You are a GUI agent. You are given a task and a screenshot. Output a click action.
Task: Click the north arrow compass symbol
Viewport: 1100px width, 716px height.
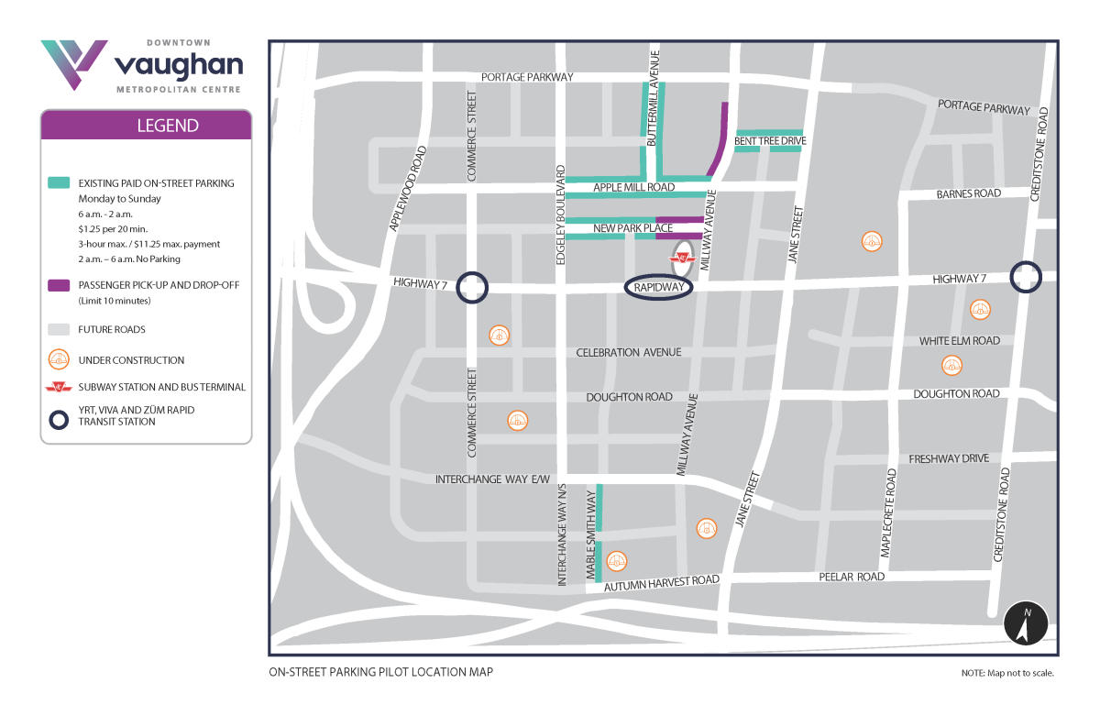[1027, 625]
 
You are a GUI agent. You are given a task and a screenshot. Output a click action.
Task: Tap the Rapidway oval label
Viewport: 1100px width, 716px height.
[658, 287]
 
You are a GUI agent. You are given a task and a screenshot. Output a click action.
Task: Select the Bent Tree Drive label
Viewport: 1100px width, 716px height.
[770, 141]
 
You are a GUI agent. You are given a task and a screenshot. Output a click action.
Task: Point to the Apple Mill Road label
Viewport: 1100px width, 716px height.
[633, 188]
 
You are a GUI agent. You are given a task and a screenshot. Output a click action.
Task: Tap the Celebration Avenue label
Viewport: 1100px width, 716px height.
[628, 353]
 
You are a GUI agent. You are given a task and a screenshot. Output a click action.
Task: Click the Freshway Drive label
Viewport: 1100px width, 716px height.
[949, 458]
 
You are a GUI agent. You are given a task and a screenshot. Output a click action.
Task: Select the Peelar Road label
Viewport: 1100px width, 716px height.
[852, 577]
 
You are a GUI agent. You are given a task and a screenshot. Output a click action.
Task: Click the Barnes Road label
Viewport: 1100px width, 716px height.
[968, 194]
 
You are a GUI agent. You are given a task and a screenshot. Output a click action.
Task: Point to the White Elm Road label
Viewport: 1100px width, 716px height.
[959, 341]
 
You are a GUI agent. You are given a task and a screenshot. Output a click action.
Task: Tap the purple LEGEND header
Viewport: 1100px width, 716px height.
[146, 126]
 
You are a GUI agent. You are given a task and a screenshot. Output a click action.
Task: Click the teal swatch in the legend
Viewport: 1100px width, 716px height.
[59, 183]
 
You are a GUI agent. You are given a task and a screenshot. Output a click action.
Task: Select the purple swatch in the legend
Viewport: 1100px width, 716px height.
[59, 285]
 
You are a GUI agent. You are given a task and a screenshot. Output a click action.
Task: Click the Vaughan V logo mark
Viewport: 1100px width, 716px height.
[73, 62]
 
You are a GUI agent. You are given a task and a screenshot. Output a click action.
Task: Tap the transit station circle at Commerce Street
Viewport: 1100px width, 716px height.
[473, 287]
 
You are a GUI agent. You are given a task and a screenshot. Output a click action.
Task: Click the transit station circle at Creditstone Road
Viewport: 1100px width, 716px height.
[1026, 277]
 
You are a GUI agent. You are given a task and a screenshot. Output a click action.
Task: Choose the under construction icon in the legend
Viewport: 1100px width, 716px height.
[59, 360]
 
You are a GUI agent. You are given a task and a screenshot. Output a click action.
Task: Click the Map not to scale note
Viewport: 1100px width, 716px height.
[1007, 673]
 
